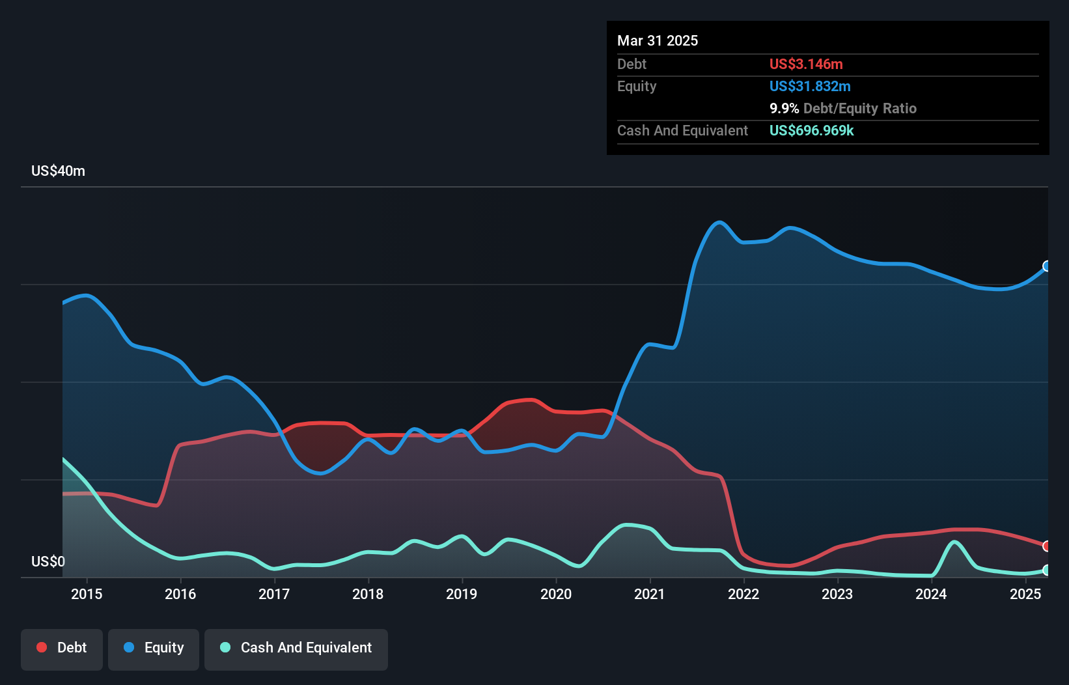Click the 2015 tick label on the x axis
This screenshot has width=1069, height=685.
(x=87, y=594)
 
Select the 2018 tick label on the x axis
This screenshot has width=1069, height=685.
(x=368, y=594)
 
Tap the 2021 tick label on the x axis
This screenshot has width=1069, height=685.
(x=650, y=594)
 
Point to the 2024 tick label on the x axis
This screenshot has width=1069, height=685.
(x=931, y=594)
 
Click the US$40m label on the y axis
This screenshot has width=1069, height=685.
(x=58, y=171)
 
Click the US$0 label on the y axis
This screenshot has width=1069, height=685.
(x=48, y=561)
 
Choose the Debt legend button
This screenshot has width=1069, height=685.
(x=62, y=648)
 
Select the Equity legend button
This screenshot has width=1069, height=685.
(x=154, y=648)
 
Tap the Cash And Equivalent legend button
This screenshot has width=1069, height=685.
(x=296, y=648)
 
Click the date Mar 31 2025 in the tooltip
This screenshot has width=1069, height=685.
(x=658, y=40)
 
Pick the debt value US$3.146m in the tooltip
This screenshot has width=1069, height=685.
(x=806, y=64)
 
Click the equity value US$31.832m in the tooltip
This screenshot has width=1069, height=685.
(x=810, y=86)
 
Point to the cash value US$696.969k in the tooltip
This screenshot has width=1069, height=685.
(x=811, y=130)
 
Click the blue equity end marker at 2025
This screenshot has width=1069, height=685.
(x=1047, y=266)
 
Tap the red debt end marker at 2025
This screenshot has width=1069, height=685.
(x=1047, y=546)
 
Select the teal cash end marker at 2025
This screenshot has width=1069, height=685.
(x=1047, y=570)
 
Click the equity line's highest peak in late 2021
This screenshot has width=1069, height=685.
(x=719, y=222)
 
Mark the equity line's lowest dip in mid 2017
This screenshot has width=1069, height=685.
(x=320, y=473)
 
